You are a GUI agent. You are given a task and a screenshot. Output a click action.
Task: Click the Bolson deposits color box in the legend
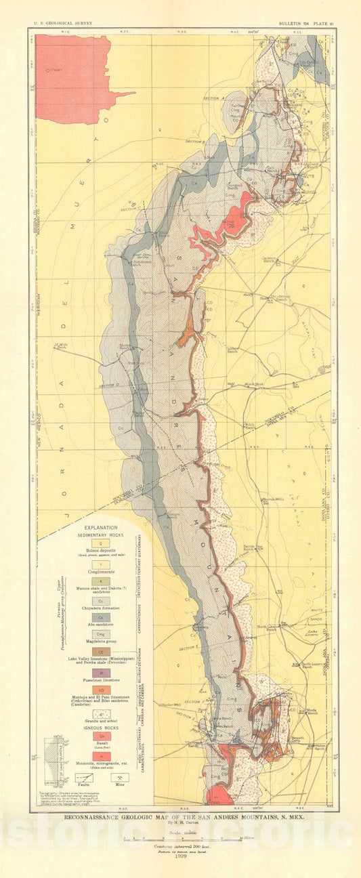(100, 543)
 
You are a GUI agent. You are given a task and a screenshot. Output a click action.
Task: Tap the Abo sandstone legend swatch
(100, 617)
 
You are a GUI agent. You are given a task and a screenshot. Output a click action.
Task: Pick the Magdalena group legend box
(100, 634)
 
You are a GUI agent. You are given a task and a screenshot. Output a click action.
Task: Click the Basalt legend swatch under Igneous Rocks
(100, 736)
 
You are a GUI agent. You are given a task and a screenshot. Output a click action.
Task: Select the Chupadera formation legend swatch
(100, 600)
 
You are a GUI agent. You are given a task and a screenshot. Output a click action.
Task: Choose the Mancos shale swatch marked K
(100, 582)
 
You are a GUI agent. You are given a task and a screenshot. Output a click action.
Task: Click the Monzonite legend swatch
(100, 754)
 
